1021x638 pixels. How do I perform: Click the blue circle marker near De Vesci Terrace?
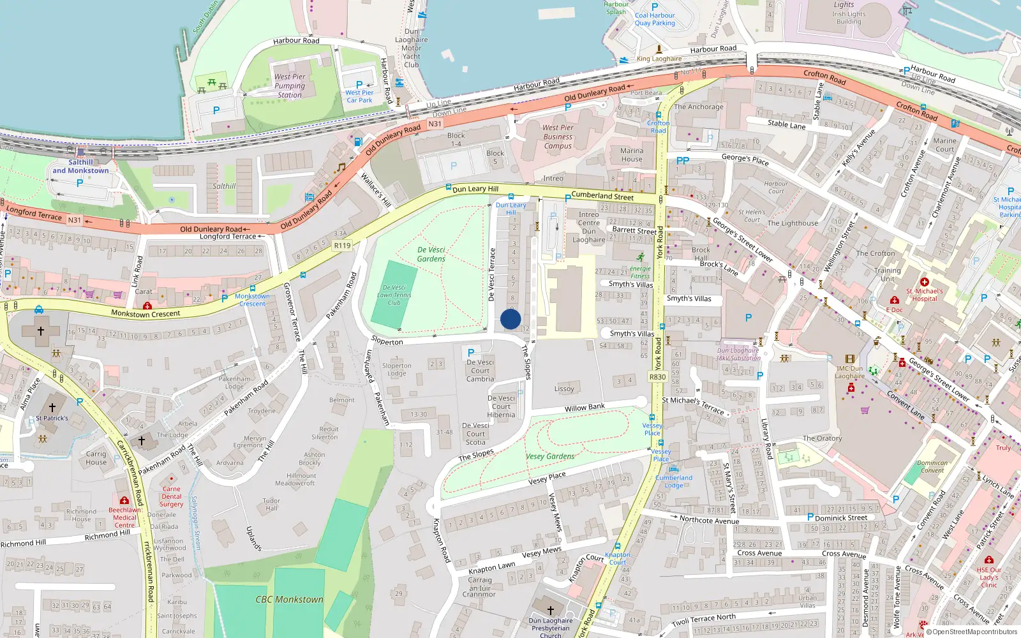pos(511,319)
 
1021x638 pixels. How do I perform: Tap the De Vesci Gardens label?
pos(431,254)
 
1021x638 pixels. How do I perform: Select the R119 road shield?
pos(342,245)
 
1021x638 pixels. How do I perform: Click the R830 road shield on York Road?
pos(657,377)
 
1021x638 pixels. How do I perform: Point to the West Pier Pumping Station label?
pos(290,85)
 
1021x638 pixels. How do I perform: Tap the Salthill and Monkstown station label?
pos(80,167)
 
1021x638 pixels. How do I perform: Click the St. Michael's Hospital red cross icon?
pos(924,281)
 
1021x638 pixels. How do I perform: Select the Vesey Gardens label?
pos(550,456)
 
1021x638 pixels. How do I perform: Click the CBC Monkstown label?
pos(289,599)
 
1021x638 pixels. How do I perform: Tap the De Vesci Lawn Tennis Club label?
pos(394,295)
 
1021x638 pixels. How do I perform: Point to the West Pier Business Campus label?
pos(558,137)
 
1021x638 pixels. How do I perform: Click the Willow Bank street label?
pos(584,407)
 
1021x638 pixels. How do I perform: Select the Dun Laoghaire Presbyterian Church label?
pos(550,627)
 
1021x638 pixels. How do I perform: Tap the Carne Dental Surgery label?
pos(171,496)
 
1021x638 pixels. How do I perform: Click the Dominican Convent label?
pos(932,466)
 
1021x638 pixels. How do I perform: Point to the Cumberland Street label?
pos(602,196)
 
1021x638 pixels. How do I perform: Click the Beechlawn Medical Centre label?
pos(125,517)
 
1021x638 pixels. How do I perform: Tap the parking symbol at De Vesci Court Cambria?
pos(471,352)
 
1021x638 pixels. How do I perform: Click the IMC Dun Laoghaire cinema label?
pos(849,372)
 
